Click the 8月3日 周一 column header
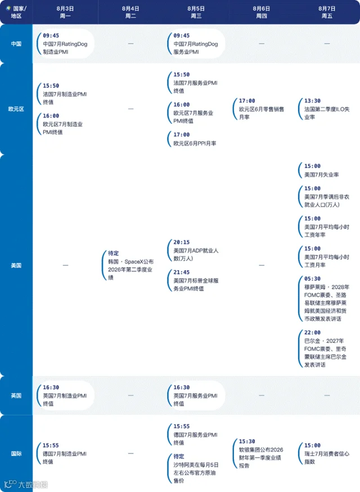[x=65, y=12]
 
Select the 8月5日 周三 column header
[x=196, y=12]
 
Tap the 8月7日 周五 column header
[x=327, y=12]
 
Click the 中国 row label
[x=16, y=44]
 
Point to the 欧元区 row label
[x=16, y=109]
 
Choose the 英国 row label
[x=16, y=396]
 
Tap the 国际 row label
[x=16, y=453]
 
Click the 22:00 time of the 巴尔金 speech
[x=312, y=333]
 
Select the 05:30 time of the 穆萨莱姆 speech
[x=312, y=279]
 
